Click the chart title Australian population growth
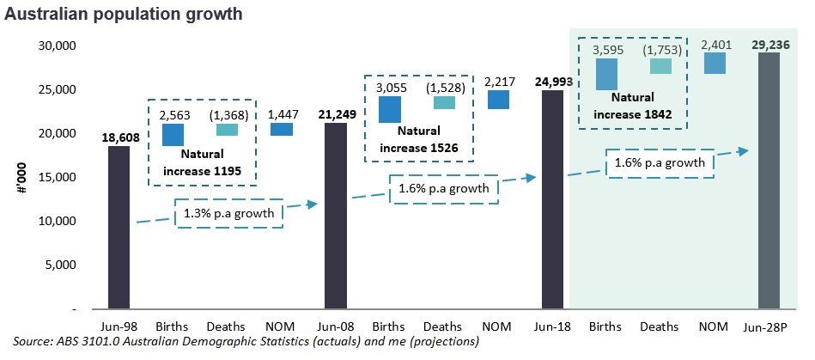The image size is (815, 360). coord(124,15)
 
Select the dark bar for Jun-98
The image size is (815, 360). coord(119,227)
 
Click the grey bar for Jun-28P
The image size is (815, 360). coord(769,180)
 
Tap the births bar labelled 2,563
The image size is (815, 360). coord(173,135)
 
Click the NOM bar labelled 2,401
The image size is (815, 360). coord(715,63)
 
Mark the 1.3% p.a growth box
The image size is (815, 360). coord(229,213)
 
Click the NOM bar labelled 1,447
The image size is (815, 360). coord(281,130)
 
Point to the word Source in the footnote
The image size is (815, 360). coord(33,343)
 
